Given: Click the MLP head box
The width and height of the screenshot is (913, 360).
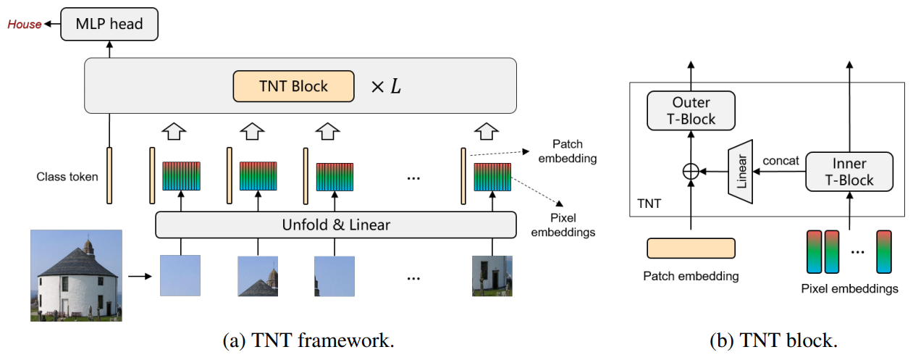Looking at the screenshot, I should click(x=109, y=25).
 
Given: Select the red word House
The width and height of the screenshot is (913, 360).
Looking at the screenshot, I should click(x=24, y=25).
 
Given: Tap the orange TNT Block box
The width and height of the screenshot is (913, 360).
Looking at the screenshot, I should click(x=293, y=86).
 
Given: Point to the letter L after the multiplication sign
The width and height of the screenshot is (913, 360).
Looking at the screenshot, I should click(x=395, y=87).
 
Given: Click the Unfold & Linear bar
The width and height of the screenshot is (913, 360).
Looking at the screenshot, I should click(x=336, y=225).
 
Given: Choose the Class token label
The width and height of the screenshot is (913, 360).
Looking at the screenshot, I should click(x=67, y=177).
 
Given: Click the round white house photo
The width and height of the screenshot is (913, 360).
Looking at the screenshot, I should click(x=76, y=275).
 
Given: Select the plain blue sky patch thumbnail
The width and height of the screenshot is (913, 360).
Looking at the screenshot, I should click(x=180, y=275).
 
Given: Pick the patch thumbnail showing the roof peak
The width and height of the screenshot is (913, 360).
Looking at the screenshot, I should click(x=258, y=275).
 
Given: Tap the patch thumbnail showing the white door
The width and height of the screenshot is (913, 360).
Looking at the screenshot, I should click(x=492, y=275).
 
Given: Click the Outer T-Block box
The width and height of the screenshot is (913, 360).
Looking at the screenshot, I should click(x=691, y=110).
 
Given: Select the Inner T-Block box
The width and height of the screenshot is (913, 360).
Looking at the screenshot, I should click(x=849, y=171).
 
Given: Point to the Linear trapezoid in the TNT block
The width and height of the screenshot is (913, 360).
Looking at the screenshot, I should click(x=741, y=171).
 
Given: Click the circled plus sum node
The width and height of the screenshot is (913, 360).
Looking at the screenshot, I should click(x=691, y=172).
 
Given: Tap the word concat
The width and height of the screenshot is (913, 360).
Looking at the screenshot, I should click(x=781, y=161).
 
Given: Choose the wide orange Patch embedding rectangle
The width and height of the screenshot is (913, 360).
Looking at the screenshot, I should click(x=691, y=248).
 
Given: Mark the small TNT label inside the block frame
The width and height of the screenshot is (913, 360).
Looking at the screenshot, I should click(x=648, y=204).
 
